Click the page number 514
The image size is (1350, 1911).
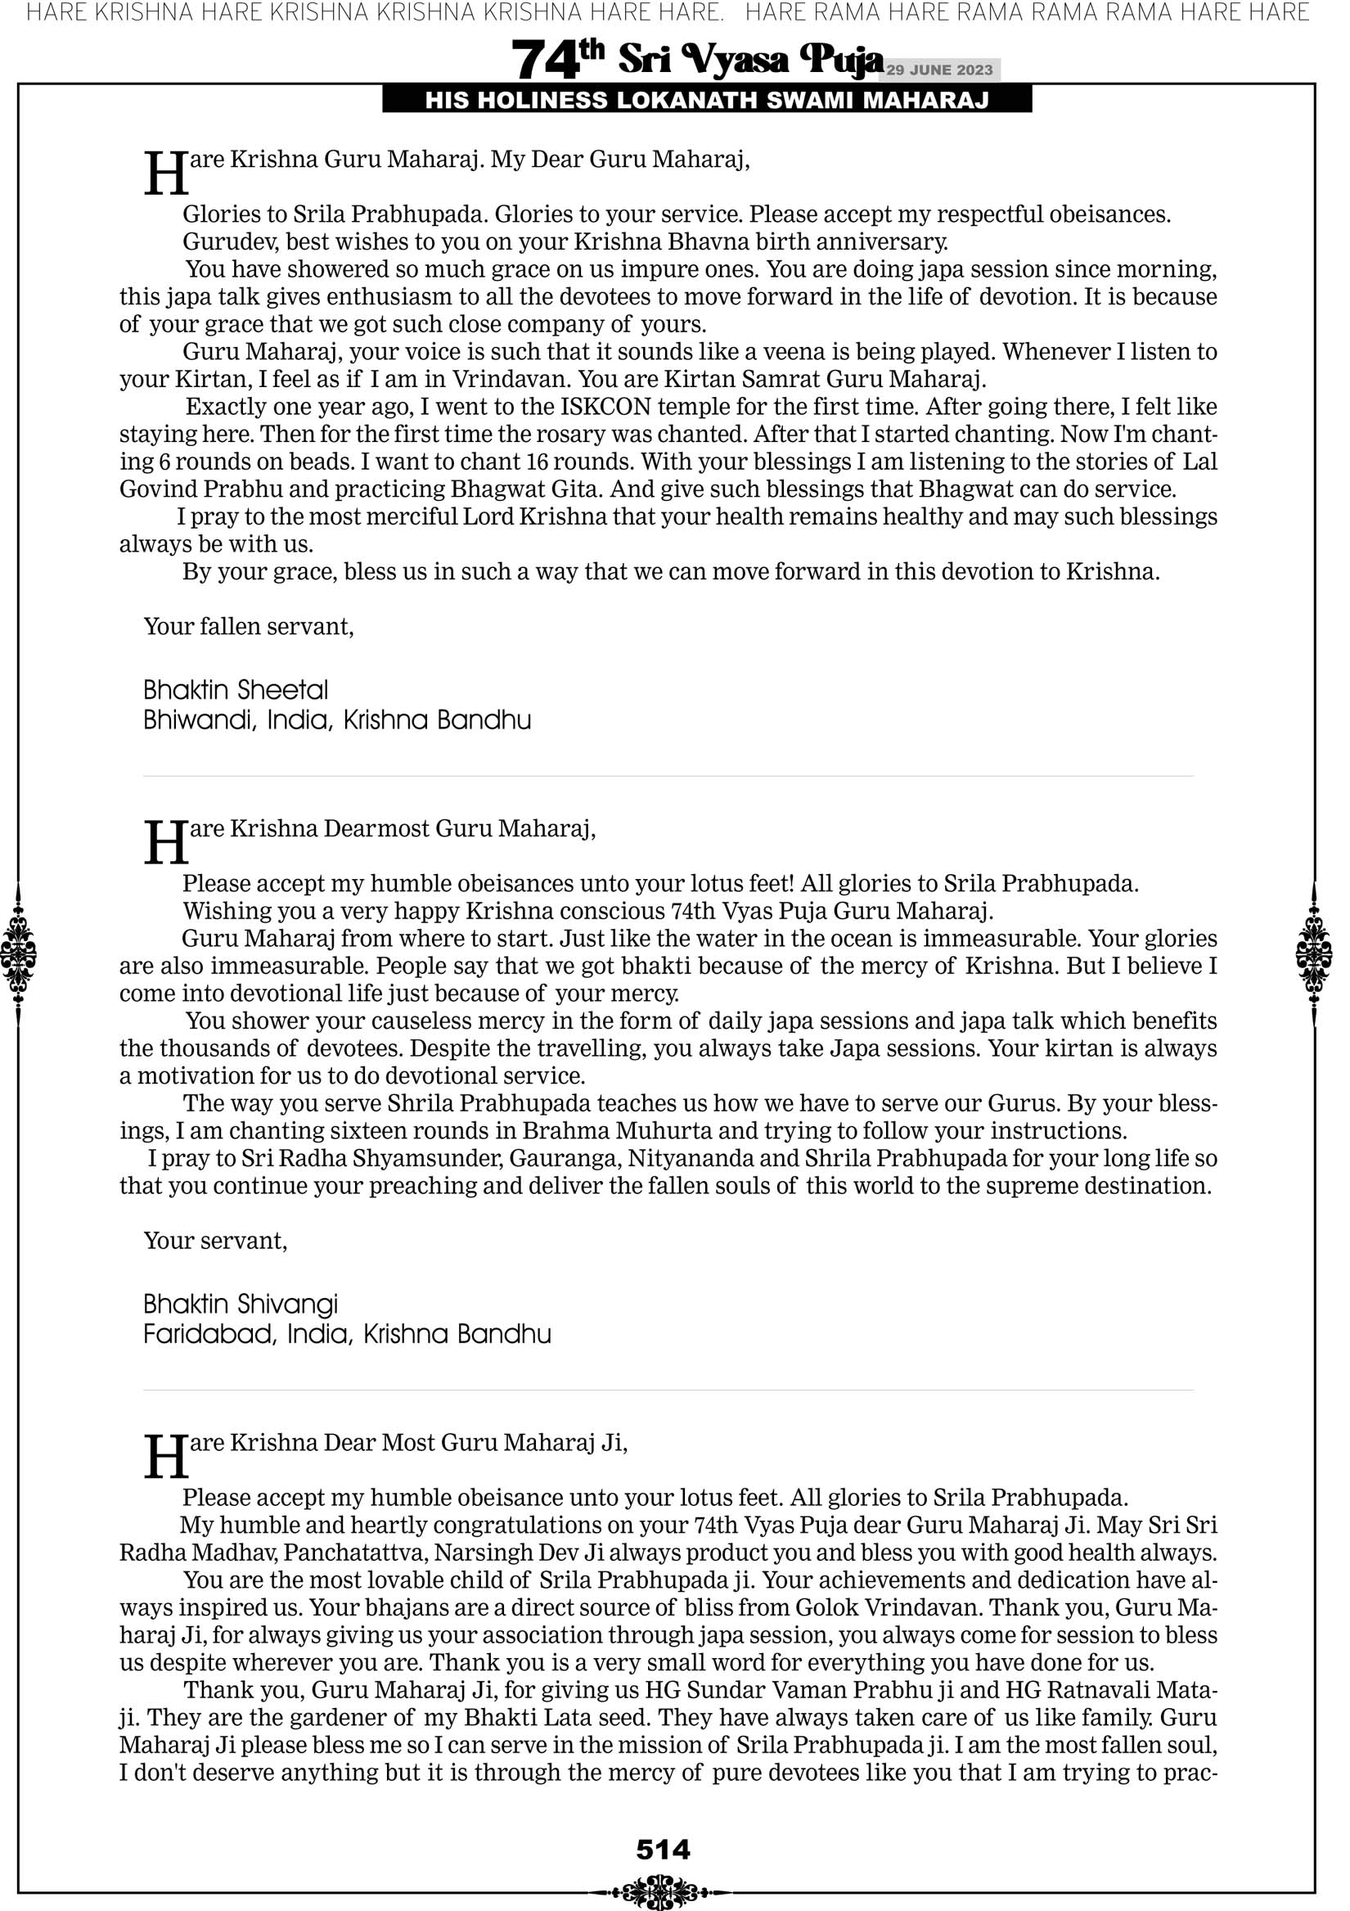pos(664,1850)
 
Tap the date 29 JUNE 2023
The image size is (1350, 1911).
pos(939,70)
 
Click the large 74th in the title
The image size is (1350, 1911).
pos(556,60)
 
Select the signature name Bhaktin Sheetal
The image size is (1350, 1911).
pos(236,690)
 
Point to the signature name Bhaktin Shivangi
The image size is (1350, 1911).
pos(241,1305)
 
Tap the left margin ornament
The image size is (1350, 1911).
pos(18,954)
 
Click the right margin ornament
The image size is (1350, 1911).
pos(1314,954)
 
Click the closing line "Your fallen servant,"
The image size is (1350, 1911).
pos(249,627)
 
